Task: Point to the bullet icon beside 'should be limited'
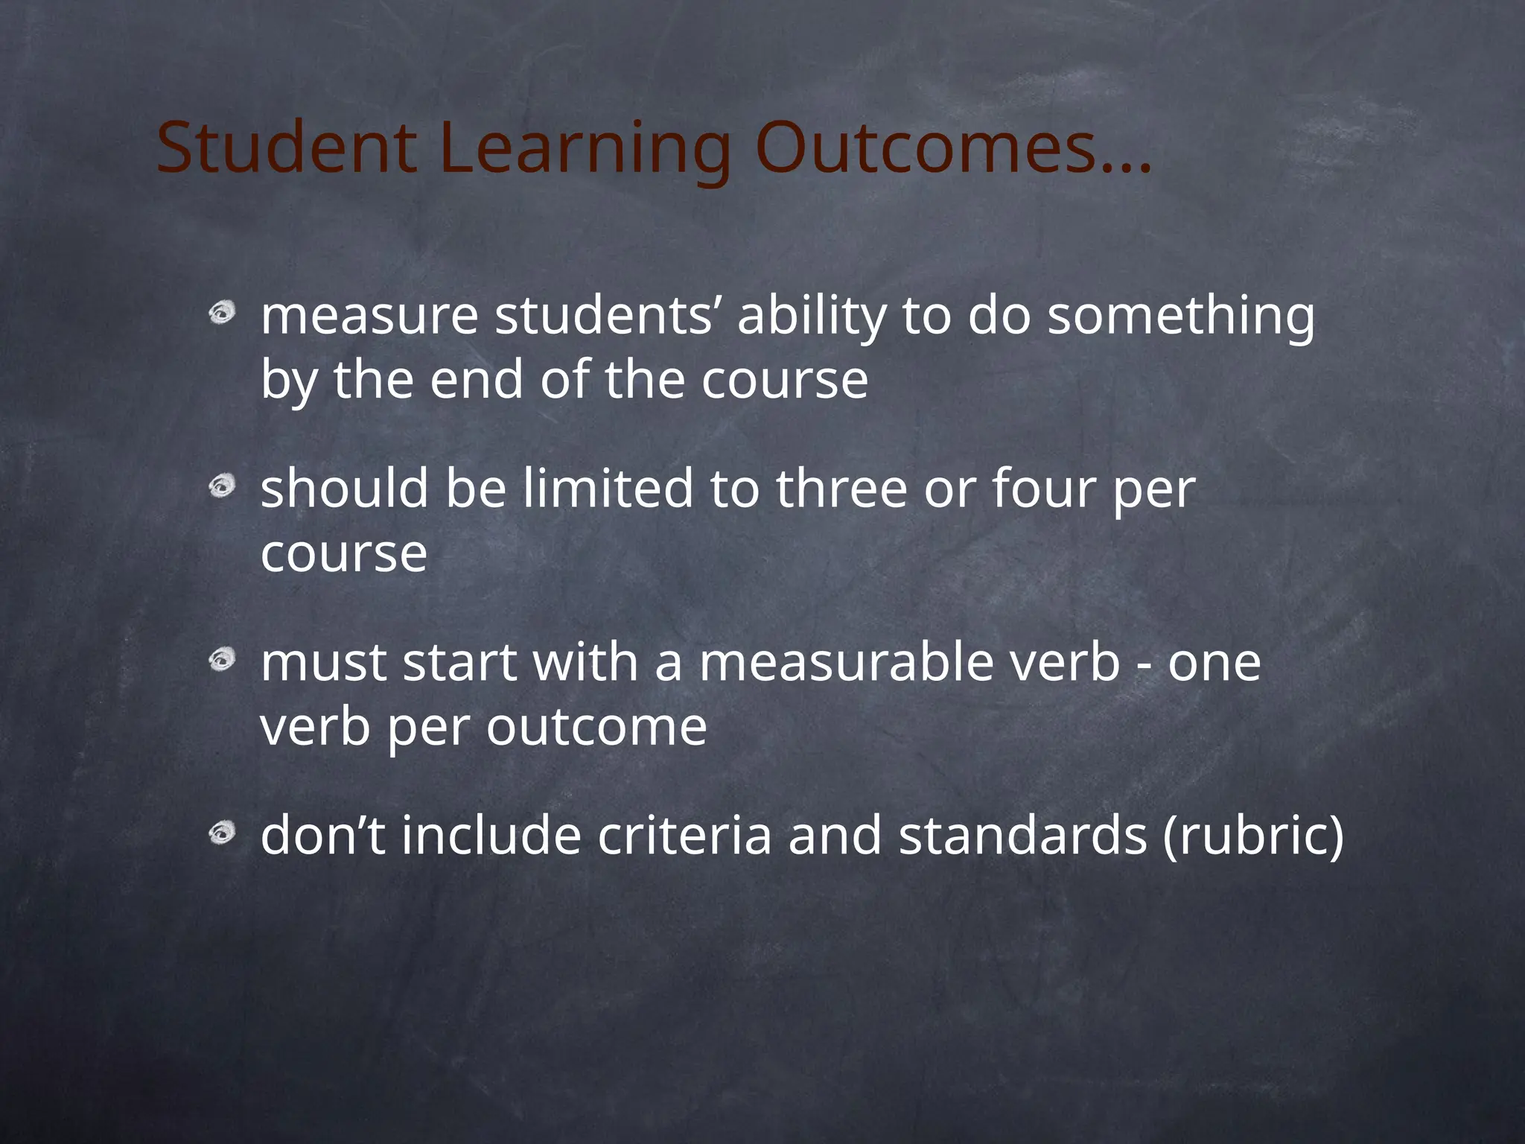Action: coord(222,487)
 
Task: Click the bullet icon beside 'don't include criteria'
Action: coord(222,833)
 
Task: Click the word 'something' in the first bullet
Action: coord(1181,317)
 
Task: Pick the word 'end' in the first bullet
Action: coord(477,379)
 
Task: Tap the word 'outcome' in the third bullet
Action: coord(596,727)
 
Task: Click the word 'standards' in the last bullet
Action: coord(1022,835)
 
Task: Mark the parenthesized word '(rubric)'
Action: coord(1253,836)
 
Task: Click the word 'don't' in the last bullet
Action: coord(323,835)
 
